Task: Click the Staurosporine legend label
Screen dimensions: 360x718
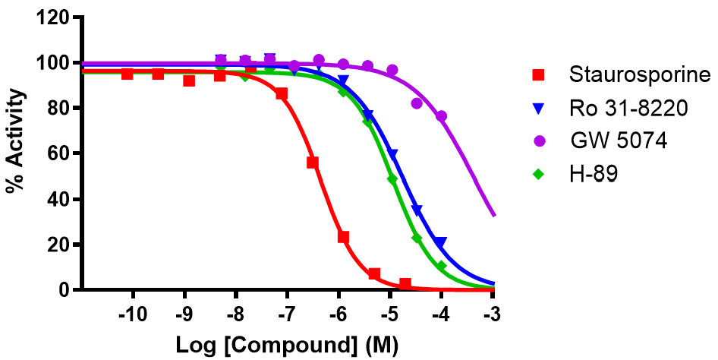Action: tap(639, 75)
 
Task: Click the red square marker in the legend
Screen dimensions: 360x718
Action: tap(539, 75)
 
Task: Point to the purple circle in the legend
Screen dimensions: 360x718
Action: tap(539, 141)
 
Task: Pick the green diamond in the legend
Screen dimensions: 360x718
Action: tap(539, 174)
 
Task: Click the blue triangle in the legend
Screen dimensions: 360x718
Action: tap(539, 109)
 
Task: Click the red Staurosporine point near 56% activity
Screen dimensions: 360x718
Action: tap(312, 163)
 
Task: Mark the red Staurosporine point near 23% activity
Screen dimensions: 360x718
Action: tap(343, 237)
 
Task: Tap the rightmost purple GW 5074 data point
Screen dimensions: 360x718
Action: tap(441, 116)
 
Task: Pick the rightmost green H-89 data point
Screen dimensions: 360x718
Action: tap(441, 267)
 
